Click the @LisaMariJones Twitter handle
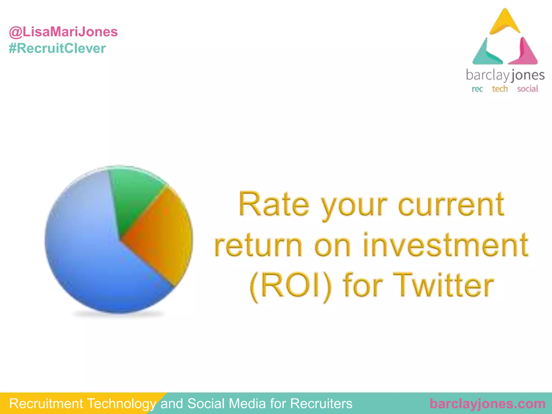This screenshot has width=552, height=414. click(x=63, y=32)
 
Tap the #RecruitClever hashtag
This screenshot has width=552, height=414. click(x=57, y=49)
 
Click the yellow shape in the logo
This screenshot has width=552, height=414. click(x=505, y=23)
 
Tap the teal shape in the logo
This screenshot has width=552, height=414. click(x=485, y=54)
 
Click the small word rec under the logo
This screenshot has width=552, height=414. click(x=477, y=89)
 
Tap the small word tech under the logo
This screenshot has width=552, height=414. click(x=500, y=89)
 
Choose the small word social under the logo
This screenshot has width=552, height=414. click(x=527, y=89)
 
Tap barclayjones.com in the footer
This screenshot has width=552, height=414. click(x=488, y=404)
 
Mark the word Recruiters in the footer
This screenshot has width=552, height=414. click(x=321, y=404)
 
